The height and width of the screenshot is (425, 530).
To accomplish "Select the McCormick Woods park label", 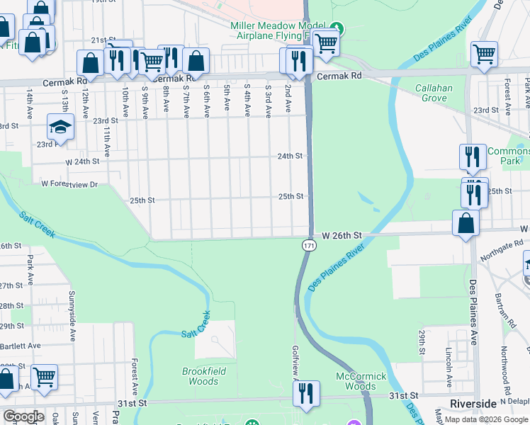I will pyautogui.click(x=361, y=381).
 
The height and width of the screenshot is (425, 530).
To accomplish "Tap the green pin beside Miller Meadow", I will pyautogui.click(x=337, y=29).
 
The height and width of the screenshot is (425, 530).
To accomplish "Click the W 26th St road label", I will pyautogui.click(x=342, y=234).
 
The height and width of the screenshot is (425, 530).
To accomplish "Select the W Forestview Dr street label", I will pyautogui.click(x=68, y=183).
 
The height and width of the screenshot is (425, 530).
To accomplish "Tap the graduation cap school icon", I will pyautogui.click(x=61, y=127).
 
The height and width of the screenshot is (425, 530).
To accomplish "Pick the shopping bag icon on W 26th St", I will pyautogui.click(x=466, y=223).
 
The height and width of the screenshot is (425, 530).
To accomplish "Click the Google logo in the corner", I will pyautogui.click(x=23, y=416).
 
